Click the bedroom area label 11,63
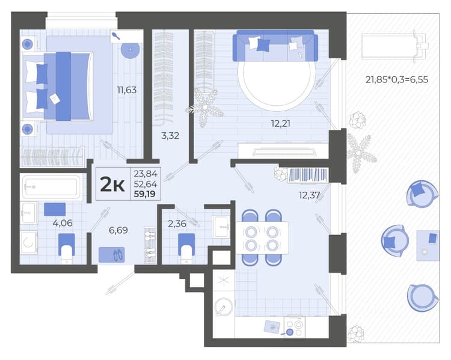[x=126, y=90]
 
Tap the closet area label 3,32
[x=170, y=135]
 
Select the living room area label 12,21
[x=280, y=124]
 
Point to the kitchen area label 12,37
[x=309, y=195]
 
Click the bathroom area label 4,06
[x=63, y=223]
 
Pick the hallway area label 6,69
[x=118, y=230]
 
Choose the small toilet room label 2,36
[x=177, y=224]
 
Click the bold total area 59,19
[x=144, y=194]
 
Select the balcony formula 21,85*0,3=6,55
[x=397, y=79]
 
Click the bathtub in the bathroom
[x=52, y=187]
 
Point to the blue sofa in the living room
[x=275, y=46]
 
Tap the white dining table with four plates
[x=262, y=237]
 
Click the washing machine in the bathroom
[x=28, y=242]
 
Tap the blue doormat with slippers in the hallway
[x=112, y=255]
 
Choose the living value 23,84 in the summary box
[x=146, y=174]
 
